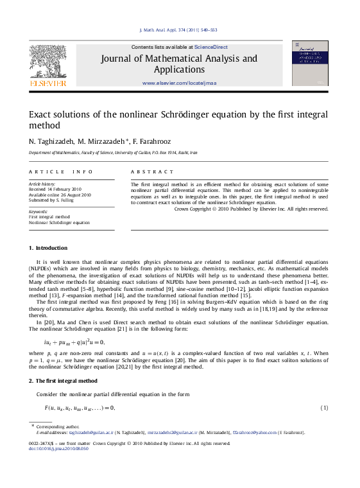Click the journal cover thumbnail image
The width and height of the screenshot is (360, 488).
(310, 63)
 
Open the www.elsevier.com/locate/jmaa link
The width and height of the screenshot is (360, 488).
(178, 83)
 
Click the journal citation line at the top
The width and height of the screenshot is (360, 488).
(178, 30)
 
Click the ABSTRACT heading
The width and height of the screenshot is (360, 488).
(152, 172)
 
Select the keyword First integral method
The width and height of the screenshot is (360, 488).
(49, 217)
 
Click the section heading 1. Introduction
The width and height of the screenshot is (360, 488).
(48, 248)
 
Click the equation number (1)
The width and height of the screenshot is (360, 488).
(324, 408)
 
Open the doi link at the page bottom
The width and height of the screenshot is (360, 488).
(59, 448)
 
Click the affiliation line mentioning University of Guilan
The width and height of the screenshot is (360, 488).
(114, 153)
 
